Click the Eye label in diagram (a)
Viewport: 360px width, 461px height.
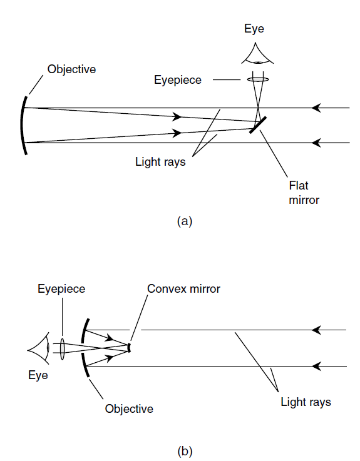pyautogui.click(x=254, y=29)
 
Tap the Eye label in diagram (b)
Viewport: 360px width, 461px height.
pyautogui.click(x=38, y=375)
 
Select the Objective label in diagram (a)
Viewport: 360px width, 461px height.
pyautogui.click(x=71, y=69)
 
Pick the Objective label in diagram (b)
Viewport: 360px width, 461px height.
pyautogui.click(x=129, y=409)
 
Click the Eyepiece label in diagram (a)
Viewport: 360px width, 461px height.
pyautogui.click(x=178, y=80)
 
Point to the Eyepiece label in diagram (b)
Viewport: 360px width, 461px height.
pyautogui.click(x=61, y=289)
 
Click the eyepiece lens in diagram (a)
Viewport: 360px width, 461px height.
pyautogui.click(x=258, y=79)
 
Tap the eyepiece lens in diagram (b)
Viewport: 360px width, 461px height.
pyautogui.click(x=62, y=349)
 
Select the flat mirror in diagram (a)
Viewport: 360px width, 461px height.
pyautogui.click(x=258, y=125)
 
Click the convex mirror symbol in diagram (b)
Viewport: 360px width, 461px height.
pyautogui.click(x=129, y=348)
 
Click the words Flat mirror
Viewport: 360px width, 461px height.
pyautogui.click(x=304, y=193)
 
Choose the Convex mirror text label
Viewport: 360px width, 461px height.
pyautogui.click(x=183, y=289)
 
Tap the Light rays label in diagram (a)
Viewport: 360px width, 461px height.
pyautogui.click(x=160, y=162)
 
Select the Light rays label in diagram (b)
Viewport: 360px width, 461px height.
pyautogui.click(x=306, y=402)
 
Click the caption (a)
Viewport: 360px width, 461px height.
pyautogui.click(x=185, y=221)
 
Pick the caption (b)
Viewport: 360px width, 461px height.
pyautogui.click(x=185, y=451)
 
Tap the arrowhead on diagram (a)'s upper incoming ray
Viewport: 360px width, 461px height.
pyautogui.click(x=316, y=108)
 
